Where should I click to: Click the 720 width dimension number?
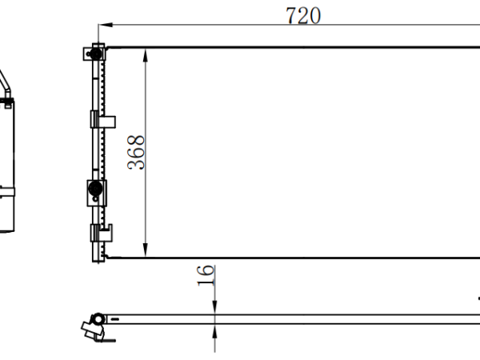(x=303, y=16)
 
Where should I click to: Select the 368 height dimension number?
(x=136, y=152)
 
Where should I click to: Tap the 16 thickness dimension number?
(x=205, y=275)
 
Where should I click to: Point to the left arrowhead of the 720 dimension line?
(x=106, y=25)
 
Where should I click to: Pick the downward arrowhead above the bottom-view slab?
(x=214, y=307)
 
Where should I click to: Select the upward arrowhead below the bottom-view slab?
(x=214, y=331)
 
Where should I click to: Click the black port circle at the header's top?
(x=96, y=54)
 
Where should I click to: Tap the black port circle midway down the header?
(x=95, y=189)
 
